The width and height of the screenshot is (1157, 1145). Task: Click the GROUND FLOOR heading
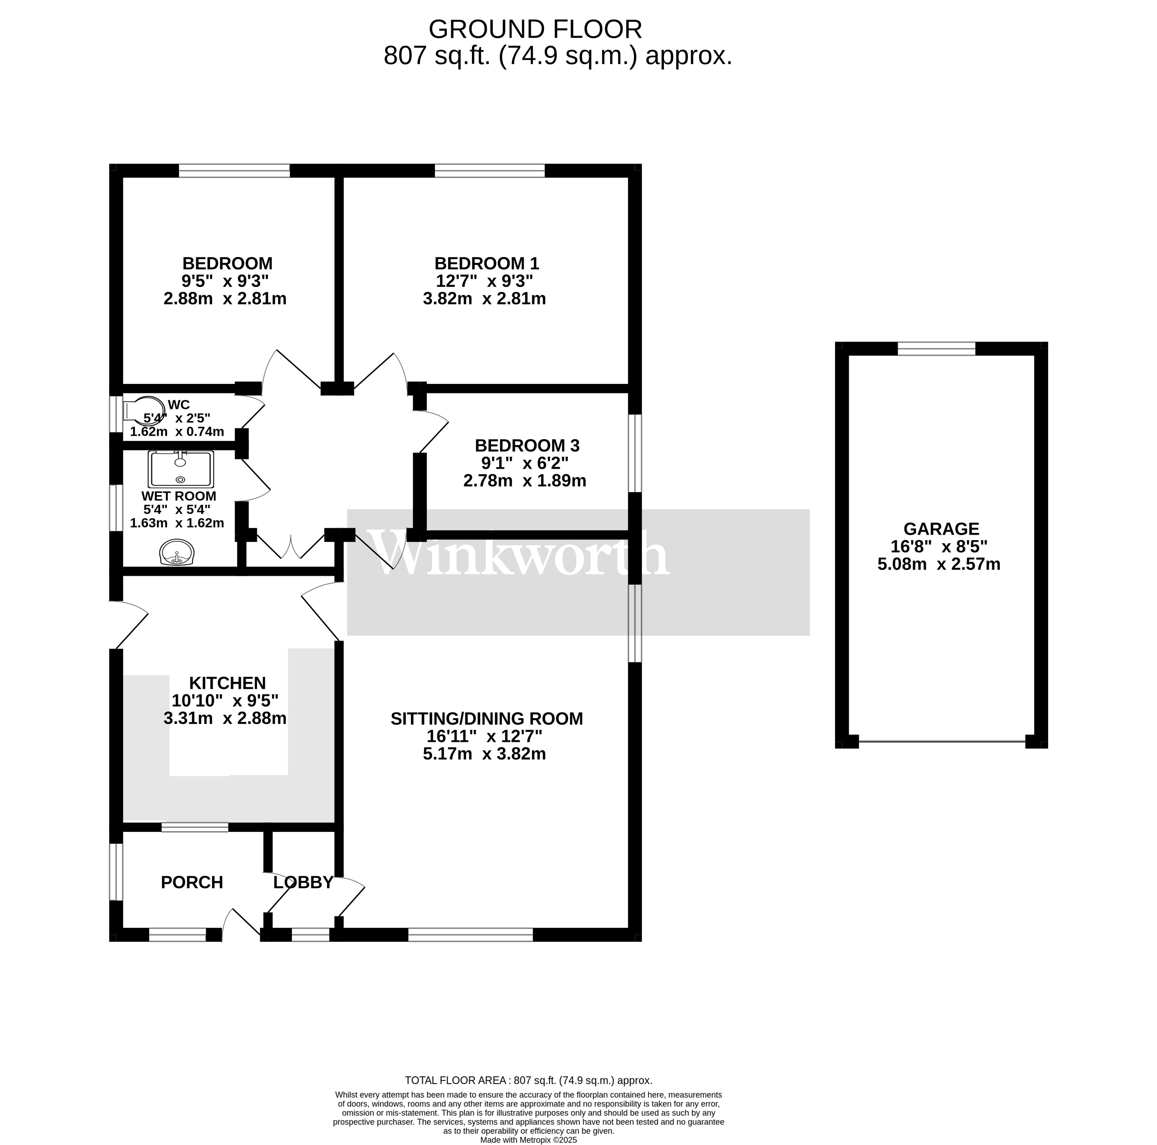pyautogui.click(x=535, y=29)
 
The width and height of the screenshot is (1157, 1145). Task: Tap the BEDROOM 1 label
pyautogui.click(x=486, y=263)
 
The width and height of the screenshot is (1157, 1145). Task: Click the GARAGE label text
pyautogui.click(x=941, y=529)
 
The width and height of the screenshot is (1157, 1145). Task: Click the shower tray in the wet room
pyautogui.click(x=180, y=469)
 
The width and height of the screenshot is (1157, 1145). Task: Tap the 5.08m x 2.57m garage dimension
pyautogui.click(x=939, y=564)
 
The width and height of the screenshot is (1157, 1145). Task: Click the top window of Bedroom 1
pyautogui.click(x=489, y=171)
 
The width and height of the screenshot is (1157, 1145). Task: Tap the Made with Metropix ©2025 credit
pyautogui.click(x=528, y=1140)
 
